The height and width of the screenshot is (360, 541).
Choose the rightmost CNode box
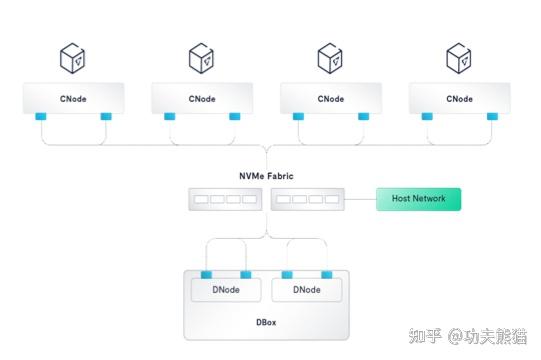(459, 99)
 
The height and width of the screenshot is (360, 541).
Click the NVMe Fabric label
(266, 176)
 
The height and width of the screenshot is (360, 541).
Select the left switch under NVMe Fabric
(225, 199)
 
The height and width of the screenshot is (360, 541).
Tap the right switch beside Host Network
(307, 199)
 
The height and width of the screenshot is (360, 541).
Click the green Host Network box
(418, 199)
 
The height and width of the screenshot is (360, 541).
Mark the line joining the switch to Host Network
(361, 199)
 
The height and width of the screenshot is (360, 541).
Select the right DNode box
(306, 290)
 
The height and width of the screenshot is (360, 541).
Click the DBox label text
(265, 322)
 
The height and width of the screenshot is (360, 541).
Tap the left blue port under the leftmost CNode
(42, 117)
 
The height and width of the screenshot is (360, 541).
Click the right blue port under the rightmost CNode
(491, 117)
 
